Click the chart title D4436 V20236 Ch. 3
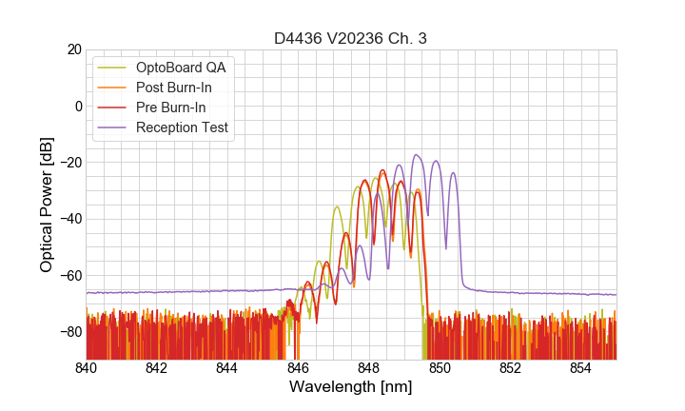tap(351, 38)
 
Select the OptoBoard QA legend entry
tap(182, 68)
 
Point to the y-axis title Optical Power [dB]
tap(47, 205)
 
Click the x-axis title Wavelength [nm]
tap(351, 387)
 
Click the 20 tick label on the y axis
tap(73, 49)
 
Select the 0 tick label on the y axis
tap(77, 106)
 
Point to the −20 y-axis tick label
tap(69, 162)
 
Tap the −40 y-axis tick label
tap(69, 219)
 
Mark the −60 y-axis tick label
tap(69, 275)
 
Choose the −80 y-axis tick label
tap(69, 331)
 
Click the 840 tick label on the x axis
tap(87, 367)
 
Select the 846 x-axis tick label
tap(298, 367)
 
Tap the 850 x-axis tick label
tap(440, 367)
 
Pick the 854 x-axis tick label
tap(580, 367)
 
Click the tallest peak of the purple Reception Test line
tap(417, 155)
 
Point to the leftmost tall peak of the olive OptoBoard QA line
tap(337, 206)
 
